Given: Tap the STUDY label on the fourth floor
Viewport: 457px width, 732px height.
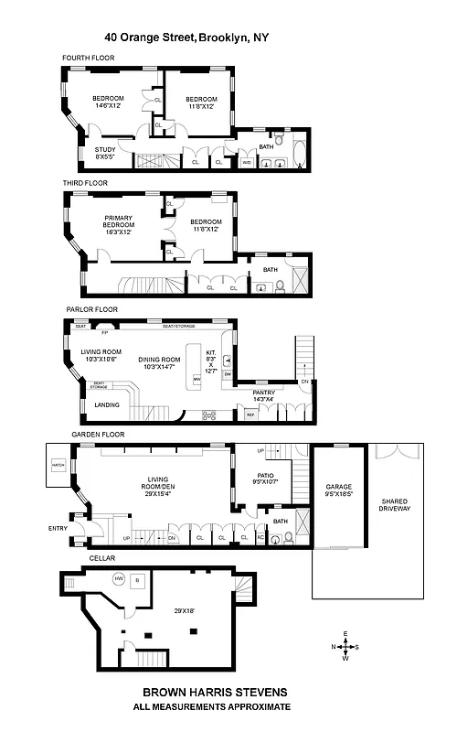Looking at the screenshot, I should pos(107,153).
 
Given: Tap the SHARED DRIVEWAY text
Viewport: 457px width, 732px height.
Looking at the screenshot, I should pos(395,504).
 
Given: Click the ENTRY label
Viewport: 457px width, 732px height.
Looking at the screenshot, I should pos(58,528).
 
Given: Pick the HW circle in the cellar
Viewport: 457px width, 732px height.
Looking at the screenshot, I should pos(119,578).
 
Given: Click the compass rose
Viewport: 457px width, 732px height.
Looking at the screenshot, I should pos(345,646).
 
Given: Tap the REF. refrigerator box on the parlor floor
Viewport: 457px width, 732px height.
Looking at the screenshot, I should pos(249,415).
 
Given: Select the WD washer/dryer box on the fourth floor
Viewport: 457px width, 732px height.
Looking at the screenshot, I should pos(247,163).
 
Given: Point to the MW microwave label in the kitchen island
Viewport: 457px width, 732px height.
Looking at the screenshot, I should pos(196,378).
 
